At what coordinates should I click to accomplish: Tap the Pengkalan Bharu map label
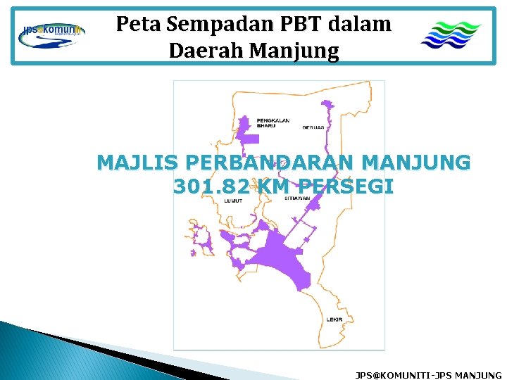[273, 122]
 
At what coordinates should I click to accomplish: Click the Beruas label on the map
[313, 127]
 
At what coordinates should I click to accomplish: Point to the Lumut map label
[233, 201]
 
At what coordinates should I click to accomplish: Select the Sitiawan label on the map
[298, 199]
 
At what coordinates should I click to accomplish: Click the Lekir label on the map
[335, 319]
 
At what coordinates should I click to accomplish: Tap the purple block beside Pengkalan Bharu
[248, 132]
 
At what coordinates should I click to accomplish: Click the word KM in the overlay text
[276, 187]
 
